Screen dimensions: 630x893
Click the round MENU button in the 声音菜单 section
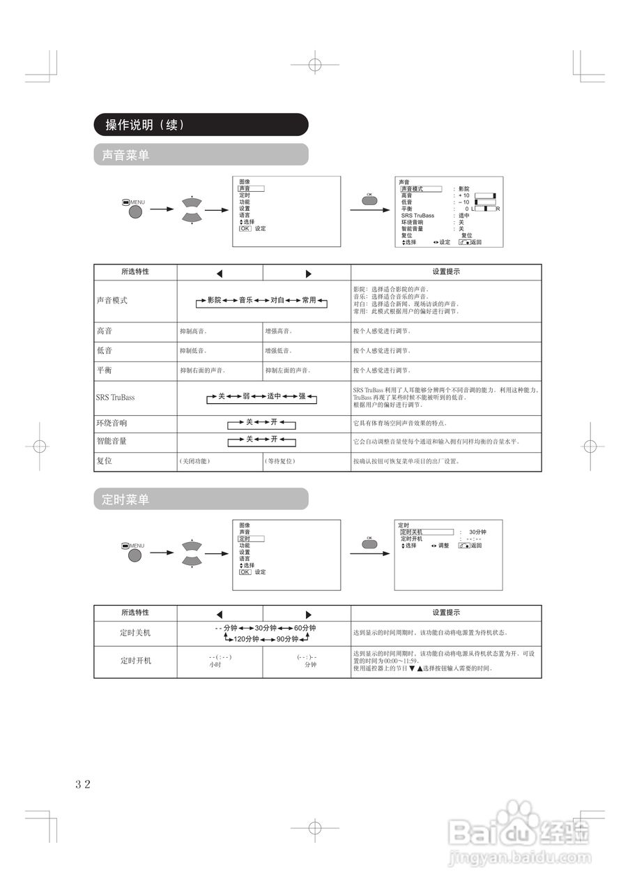[135, 211]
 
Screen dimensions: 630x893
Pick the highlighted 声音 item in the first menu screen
[252, 188]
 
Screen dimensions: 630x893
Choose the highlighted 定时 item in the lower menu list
[252, 539]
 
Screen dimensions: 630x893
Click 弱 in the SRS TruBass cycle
[246, 396]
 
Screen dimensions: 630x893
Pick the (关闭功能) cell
[194, 461]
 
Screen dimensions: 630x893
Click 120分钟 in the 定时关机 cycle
[246, 639]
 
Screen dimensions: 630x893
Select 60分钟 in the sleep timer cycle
[305, 628]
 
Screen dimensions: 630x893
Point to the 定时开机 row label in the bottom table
[135, 660]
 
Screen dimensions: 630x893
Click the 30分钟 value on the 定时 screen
[477, 532]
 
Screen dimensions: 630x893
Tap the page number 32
[83, 783]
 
